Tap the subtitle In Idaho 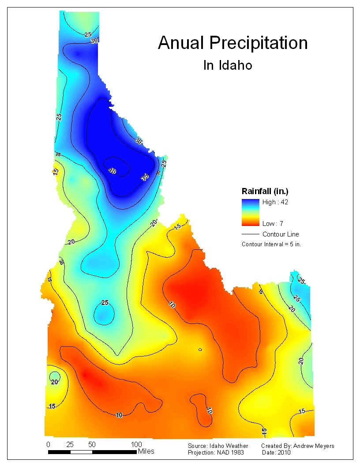coord(227,65)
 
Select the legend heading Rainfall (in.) coord(265,191)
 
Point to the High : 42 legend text coord(275,202)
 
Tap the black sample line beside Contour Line coord(250,234)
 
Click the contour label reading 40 coord(112,171)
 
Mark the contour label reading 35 coord(145,177)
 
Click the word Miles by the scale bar coord(146,451)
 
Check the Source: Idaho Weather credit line coord(218,446)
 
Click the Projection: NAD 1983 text coord(216,453)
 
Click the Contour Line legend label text coord(281,234)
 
